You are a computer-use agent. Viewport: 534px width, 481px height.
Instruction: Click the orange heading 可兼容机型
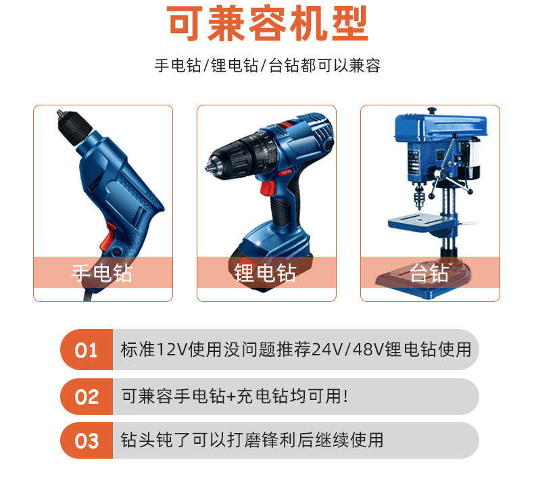point(267,26)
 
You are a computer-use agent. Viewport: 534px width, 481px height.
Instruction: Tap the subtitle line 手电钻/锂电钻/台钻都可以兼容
point(267,66)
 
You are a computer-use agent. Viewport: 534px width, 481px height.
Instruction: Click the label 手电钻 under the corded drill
point(103,273)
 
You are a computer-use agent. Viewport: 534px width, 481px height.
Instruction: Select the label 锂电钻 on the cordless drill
point(266,273)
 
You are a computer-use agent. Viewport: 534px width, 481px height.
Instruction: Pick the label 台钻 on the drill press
point(429,273)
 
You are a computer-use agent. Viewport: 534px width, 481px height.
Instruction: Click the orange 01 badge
point(87,350)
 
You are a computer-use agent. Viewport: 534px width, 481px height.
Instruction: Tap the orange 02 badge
point(87,397)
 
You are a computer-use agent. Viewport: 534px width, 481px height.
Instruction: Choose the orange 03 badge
point(87,441)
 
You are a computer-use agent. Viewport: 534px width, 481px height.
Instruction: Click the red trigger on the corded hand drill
point(107,236)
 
